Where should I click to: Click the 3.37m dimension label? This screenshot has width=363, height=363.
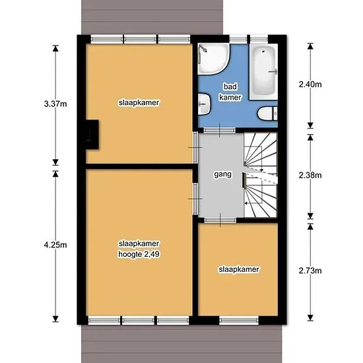55,104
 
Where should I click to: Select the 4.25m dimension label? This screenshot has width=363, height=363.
55,245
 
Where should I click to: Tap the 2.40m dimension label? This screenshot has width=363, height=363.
310,84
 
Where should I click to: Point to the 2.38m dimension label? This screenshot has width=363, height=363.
310,176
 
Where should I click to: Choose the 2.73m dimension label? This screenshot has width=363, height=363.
310,271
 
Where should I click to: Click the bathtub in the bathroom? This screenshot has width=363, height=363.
263,72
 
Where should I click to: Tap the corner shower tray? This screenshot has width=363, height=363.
213,59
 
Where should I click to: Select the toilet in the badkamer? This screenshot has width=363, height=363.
267,114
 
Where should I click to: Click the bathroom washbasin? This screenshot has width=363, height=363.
204,104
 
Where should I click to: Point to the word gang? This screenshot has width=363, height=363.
222,174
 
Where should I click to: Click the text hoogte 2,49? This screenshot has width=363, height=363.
139,254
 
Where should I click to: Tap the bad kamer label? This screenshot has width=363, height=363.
230,92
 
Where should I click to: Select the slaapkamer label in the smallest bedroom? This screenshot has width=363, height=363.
239,269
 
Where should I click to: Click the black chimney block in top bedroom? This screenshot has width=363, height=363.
92,135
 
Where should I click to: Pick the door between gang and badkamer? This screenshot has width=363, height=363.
220,130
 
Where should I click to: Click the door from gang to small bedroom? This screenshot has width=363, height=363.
220,220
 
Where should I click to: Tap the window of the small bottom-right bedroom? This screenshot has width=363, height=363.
239,320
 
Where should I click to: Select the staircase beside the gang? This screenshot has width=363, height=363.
261,175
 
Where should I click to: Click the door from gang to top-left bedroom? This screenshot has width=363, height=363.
195,147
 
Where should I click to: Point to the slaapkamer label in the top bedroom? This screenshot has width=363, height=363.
139,102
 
